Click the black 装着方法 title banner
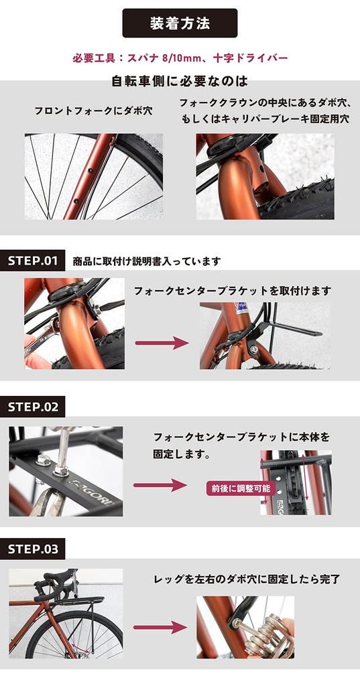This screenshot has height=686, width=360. click(180, 23)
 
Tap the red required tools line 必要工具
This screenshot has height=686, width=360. click(180, 58)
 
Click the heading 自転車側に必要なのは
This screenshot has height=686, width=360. click(180, 82)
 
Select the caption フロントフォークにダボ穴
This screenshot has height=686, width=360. click(94, 111)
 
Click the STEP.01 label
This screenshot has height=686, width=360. click(33, 261)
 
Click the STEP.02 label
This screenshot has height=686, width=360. click(33, 406)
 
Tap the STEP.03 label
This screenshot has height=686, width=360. click(33, 549)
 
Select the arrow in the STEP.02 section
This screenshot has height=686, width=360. click(160, 484)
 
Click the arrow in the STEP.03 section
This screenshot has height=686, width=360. click(160, 628)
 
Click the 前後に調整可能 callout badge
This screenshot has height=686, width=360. click(232, 488)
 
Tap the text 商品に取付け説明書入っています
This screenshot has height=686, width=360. click(146, 261)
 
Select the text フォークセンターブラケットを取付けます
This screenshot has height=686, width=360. click(232, 291)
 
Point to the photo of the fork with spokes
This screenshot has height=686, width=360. click(94, 176)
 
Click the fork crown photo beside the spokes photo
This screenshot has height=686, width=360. click(265, 176)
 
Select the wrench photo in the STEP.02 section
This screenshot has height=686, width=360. click(66, 472)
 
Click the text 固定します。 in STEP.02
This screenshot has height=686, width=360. click(182, 454)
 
